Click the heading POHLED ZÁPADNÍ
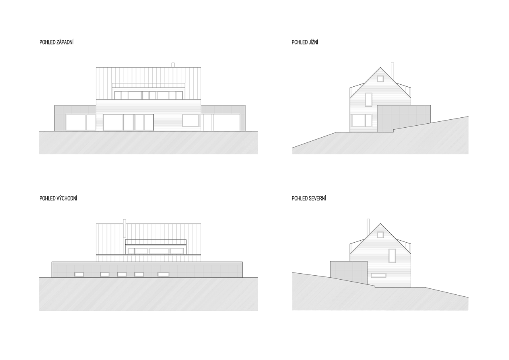pos(56,42)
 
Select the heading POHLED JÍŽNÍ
pos(305,42)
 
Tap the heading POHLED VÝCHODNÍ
pos(58,198)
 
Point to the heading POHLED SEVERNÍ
pos(309,198)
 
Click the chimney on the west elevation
pos(173,65)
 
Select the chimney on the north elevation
pos(368,227)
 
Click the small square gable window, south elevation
pos(381,79)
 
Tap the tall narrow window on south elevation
pos(369,99)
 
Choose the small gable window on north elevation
pos(381,235)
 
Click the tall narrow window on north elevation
pos(392,256)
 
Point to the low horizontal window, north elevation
pos(379,275)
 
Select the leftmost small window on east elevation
pos(79,274)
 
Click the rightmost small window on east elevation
pos(163,274)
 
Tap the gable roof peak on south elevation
pos(381,67)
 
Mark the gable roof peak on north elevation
pos(381,224)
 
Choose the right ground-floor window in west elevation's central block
pos(190,121)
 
